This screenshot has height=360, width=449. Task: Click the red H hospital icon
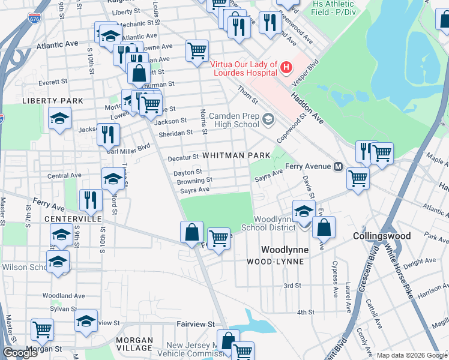(286, 67)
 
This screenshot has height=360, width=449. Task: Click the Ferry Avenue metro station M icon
(338, 166)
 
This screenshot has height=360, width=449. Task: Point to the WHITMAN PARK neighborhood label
(236, 155)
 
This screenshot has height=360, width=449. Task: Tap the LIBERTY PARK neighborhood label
(52, 101)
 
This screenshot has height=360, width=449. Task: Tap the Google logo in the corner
(20, 353)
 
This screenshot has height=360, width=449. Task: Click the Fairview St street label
(195, 323)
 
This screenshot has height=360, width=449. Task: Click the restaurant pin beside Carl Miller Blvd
(108, 134)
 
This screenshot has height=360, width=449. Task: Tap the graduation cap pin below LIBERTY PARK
(59, 119)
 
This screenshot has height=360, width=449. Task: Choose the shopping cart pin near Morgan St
(42, 329)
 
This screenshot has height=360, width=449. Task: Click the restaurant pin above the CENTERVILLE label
(90, 200)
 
